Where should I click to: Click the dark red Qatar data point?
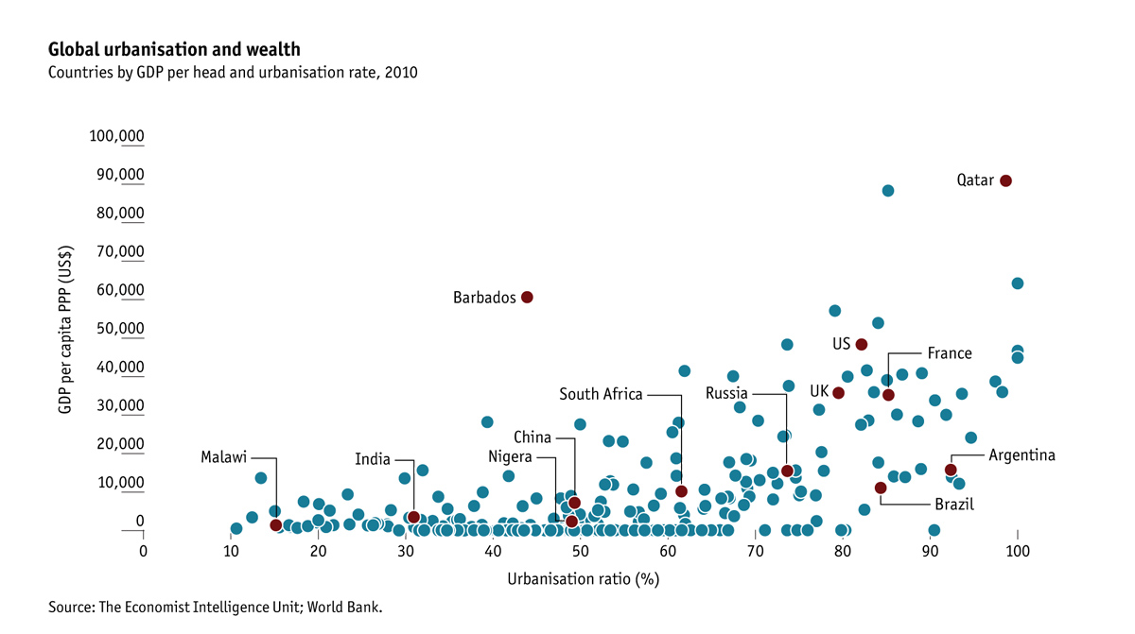pos(1005,180)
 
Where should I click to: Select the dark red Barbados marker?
pos(527,297)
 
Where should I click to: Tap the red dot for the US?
pos(861,344)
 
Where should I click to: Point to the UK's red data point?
pos(838,393)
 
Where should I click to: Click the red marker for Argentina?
pos(951,470)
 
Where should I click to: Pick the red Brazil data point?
pos(881,488)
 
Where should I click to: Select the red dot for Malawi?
pos(275,524)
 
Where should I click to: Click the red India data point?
pos(413,517)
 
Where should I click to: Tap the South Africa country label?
pos(601,394)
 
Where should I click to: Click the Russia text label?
pos(726,393)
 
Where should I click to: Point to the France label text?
pos(949,353)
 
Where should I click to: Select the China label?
pos(533,437)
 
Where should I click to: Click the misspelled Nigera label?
pos(510,456)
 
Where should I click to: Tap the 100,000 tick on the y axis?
pos(116,136)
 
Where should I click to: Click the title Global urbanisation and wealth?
pos(174,49)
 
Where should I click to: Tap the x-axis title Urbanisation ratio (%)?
pos(582,578)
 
